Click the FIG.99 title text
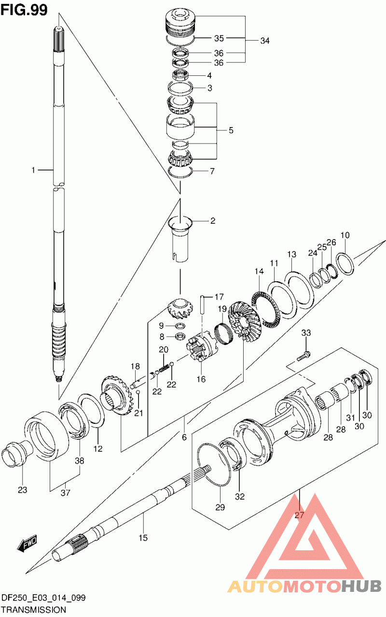pos(24,10)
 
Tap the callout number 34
pos(265,41)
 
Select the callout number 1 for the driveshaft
pos(33,170)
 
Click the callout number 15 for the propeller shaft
pos(143,537)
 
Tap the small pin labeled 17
pos(203,304)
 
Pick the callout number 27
pos(299,515)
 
